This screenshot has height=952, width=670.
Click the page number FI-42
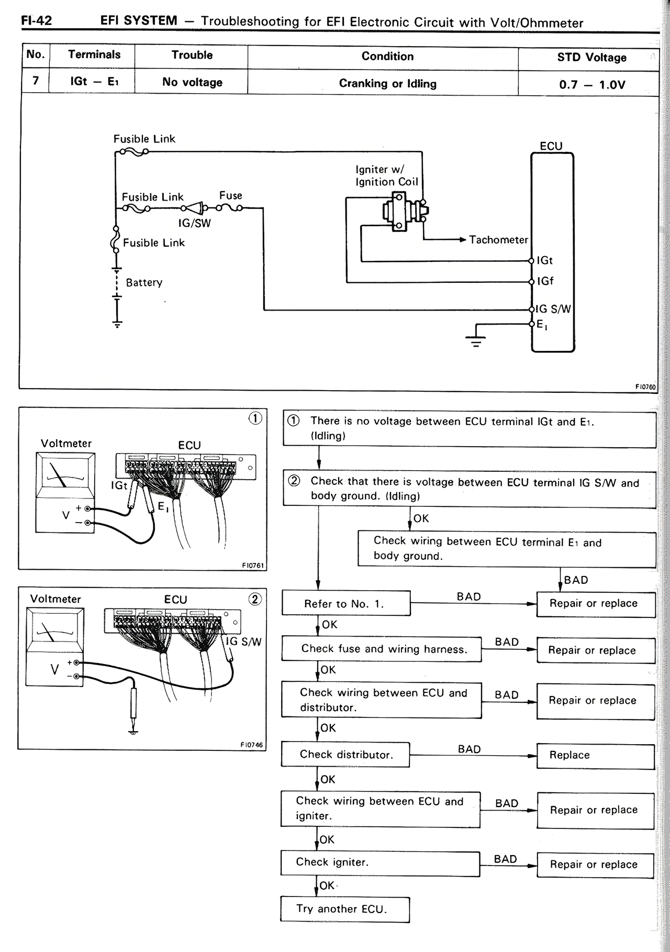click(x=36, y=21)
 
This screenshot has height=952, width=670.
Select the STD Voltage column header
click(x=591, y=58)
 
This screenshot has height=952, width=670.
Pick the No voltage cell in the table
click(x=192, y=82)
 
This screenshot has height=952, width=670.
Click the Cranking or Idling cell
click(x=387, y=84)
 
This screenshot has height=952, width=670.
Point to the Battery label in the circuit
click(x=144, y=283)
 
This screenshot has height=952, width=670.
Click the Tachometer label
click(x=498, y=240)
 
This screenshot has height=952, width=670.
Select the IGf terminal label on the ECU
click(x=545, y=281)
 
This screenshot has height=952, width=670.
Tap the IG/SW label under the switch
click(x=194, y=223)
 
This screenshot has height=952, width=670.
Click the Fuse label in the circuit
click(x=231, y=195)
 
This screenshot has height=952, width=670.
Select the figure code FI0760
click(x=645, y=386)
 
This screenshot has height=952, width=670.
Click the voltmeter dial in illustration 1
click(x=65, y=473)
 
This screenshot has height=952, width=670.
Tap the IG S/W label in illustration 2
click(x=243, y=641)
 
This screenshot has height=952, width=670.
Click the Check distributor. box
click(x=345, y=755)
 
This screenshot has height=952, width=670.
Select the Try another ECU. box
click(x=344, y=909)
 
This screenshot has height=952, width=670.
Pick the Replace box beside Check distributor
click(x=595, y=755)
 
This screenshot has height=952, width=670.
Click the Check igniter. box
click(x=380, y=862)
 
